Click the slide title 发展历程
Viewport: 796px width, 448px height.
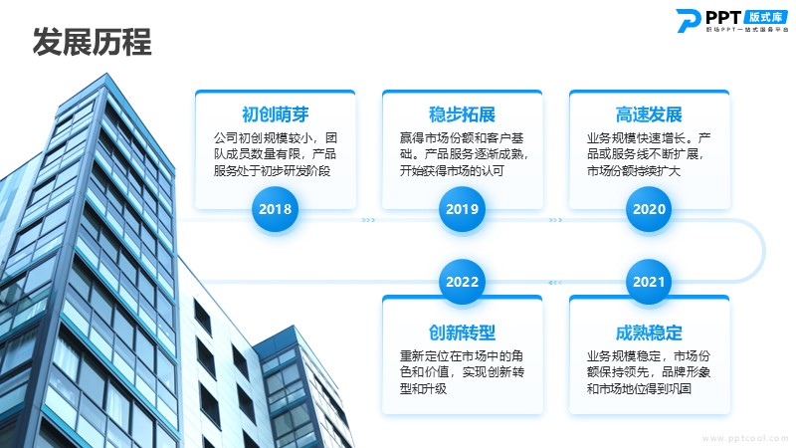pyautogui.click(x=92, y=42)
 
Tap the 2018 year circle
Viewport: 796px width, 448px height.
pyautogui.click(x=276, y=209)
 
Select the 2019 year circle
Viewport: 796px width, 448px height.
pyautogui.click(x=462, y=209)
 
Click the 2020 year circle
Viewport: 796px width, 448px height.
pyautogui.click(x=649, y=209)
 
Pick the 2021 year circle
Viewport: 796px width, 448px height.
pyautogui.click(x=649, y=282)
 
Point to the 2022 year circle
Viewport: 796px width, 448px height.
pyautogui.click(x=462, y=282)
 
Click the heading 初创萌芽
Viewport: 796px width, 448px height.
pyautogui.click(x=276, y=114)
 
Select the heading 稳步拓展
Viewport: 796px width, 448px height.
pyautogui.click(x=462, y=114)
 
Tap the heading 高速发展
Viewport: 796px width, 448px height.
pyautogui.click(x=649, y=114)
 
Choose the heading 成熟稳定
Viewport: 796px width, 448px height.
pyautogui.click(x=649, y=333)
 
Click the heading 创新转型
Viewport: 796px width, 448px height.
pyautogui.click(x=462, y=333)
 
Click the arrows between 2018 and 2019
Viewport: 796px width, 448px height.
pyautogui.click(x=368, y=220)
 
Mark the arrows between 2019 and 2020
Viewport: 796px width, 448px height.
pyautogui.click(x=555, y=220)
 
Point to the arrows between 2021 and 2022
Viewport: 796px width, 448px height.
pyautogui.click(x=555, y=283)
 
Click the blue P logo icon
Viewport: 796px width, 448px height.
pyautogui.click(x=689, y=21)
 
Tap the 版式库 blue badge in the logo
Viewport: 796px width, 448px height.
pyautogui.click(x=766, y=16)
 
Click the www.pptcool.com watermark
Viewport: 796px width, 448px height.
pyautogui.click(x=745, y=438)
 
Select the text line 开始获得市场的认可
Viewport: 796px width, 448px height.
pyautogui.click(x=452, y=170)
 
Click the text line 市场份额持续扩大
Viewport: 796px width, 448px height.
pyautogui.click(x=634, y=170)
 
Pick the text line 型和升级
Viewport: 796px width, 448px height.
pyautogui.click(x=423, y=389)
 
